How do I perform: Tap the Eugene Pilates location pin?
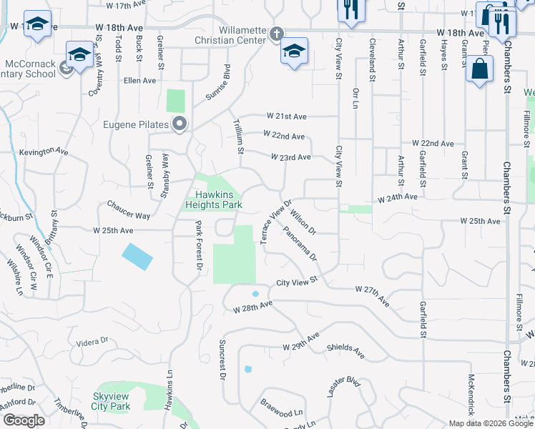point(180,125)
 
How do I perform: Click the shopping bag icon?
point(479,69)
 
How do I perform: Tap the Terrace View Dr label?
point(272,221)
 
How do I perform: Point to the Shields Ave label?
point(345,351)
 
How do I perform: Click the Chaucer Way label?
point(129,215)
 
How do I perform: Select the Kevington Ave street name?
point(44,152)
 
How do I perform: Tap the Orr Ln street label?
point(355,98)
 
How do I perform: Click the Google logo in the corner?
point(23,420)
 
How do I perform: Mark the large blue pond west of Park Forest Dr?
point(137,257)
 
